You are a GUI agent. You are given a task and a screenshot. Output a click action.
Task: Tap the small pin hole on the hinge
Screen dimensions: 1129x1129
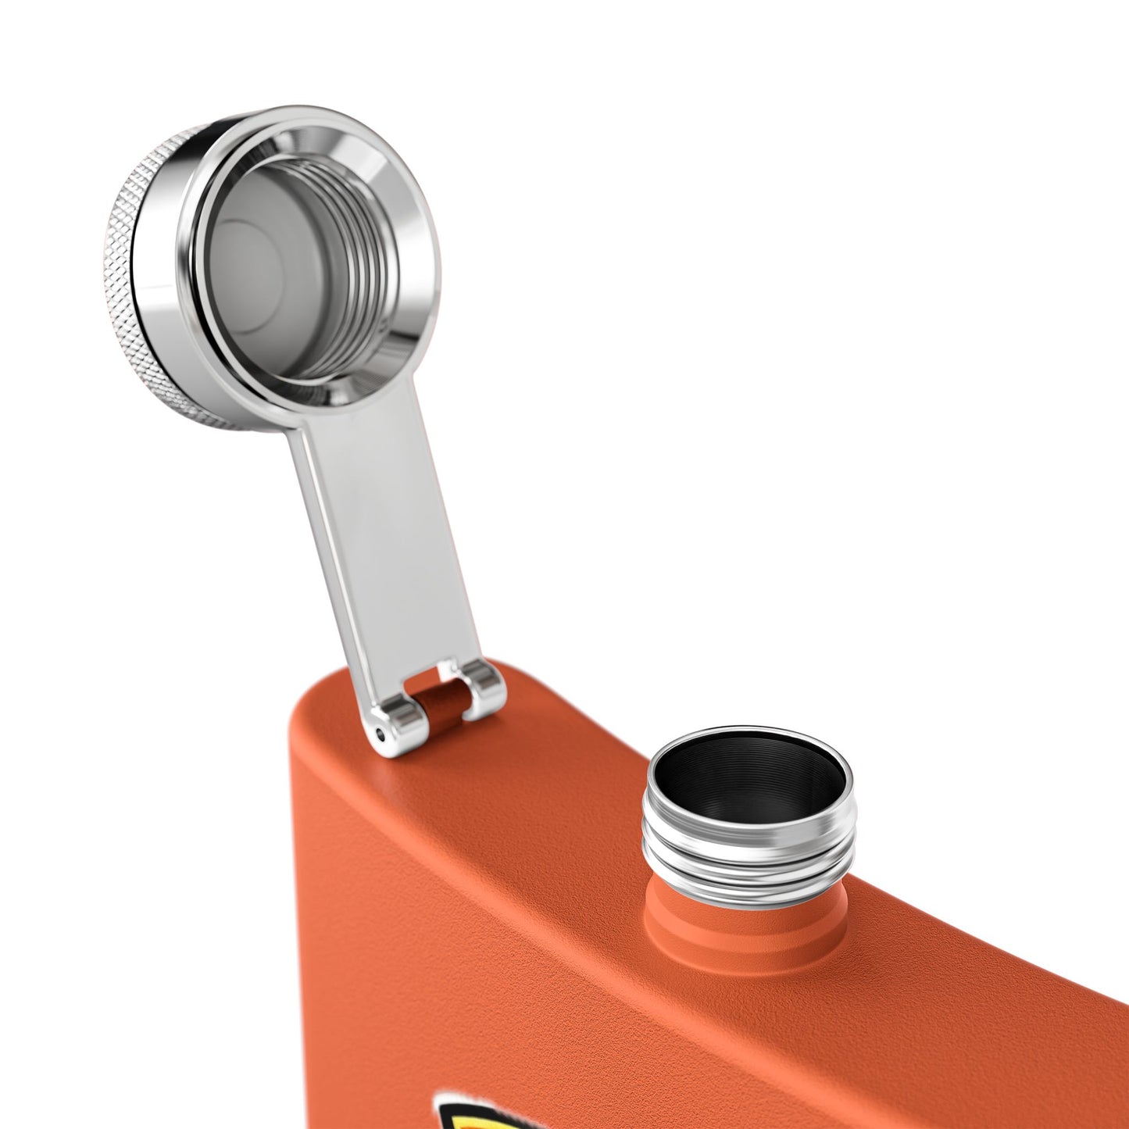click(381, 733)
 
